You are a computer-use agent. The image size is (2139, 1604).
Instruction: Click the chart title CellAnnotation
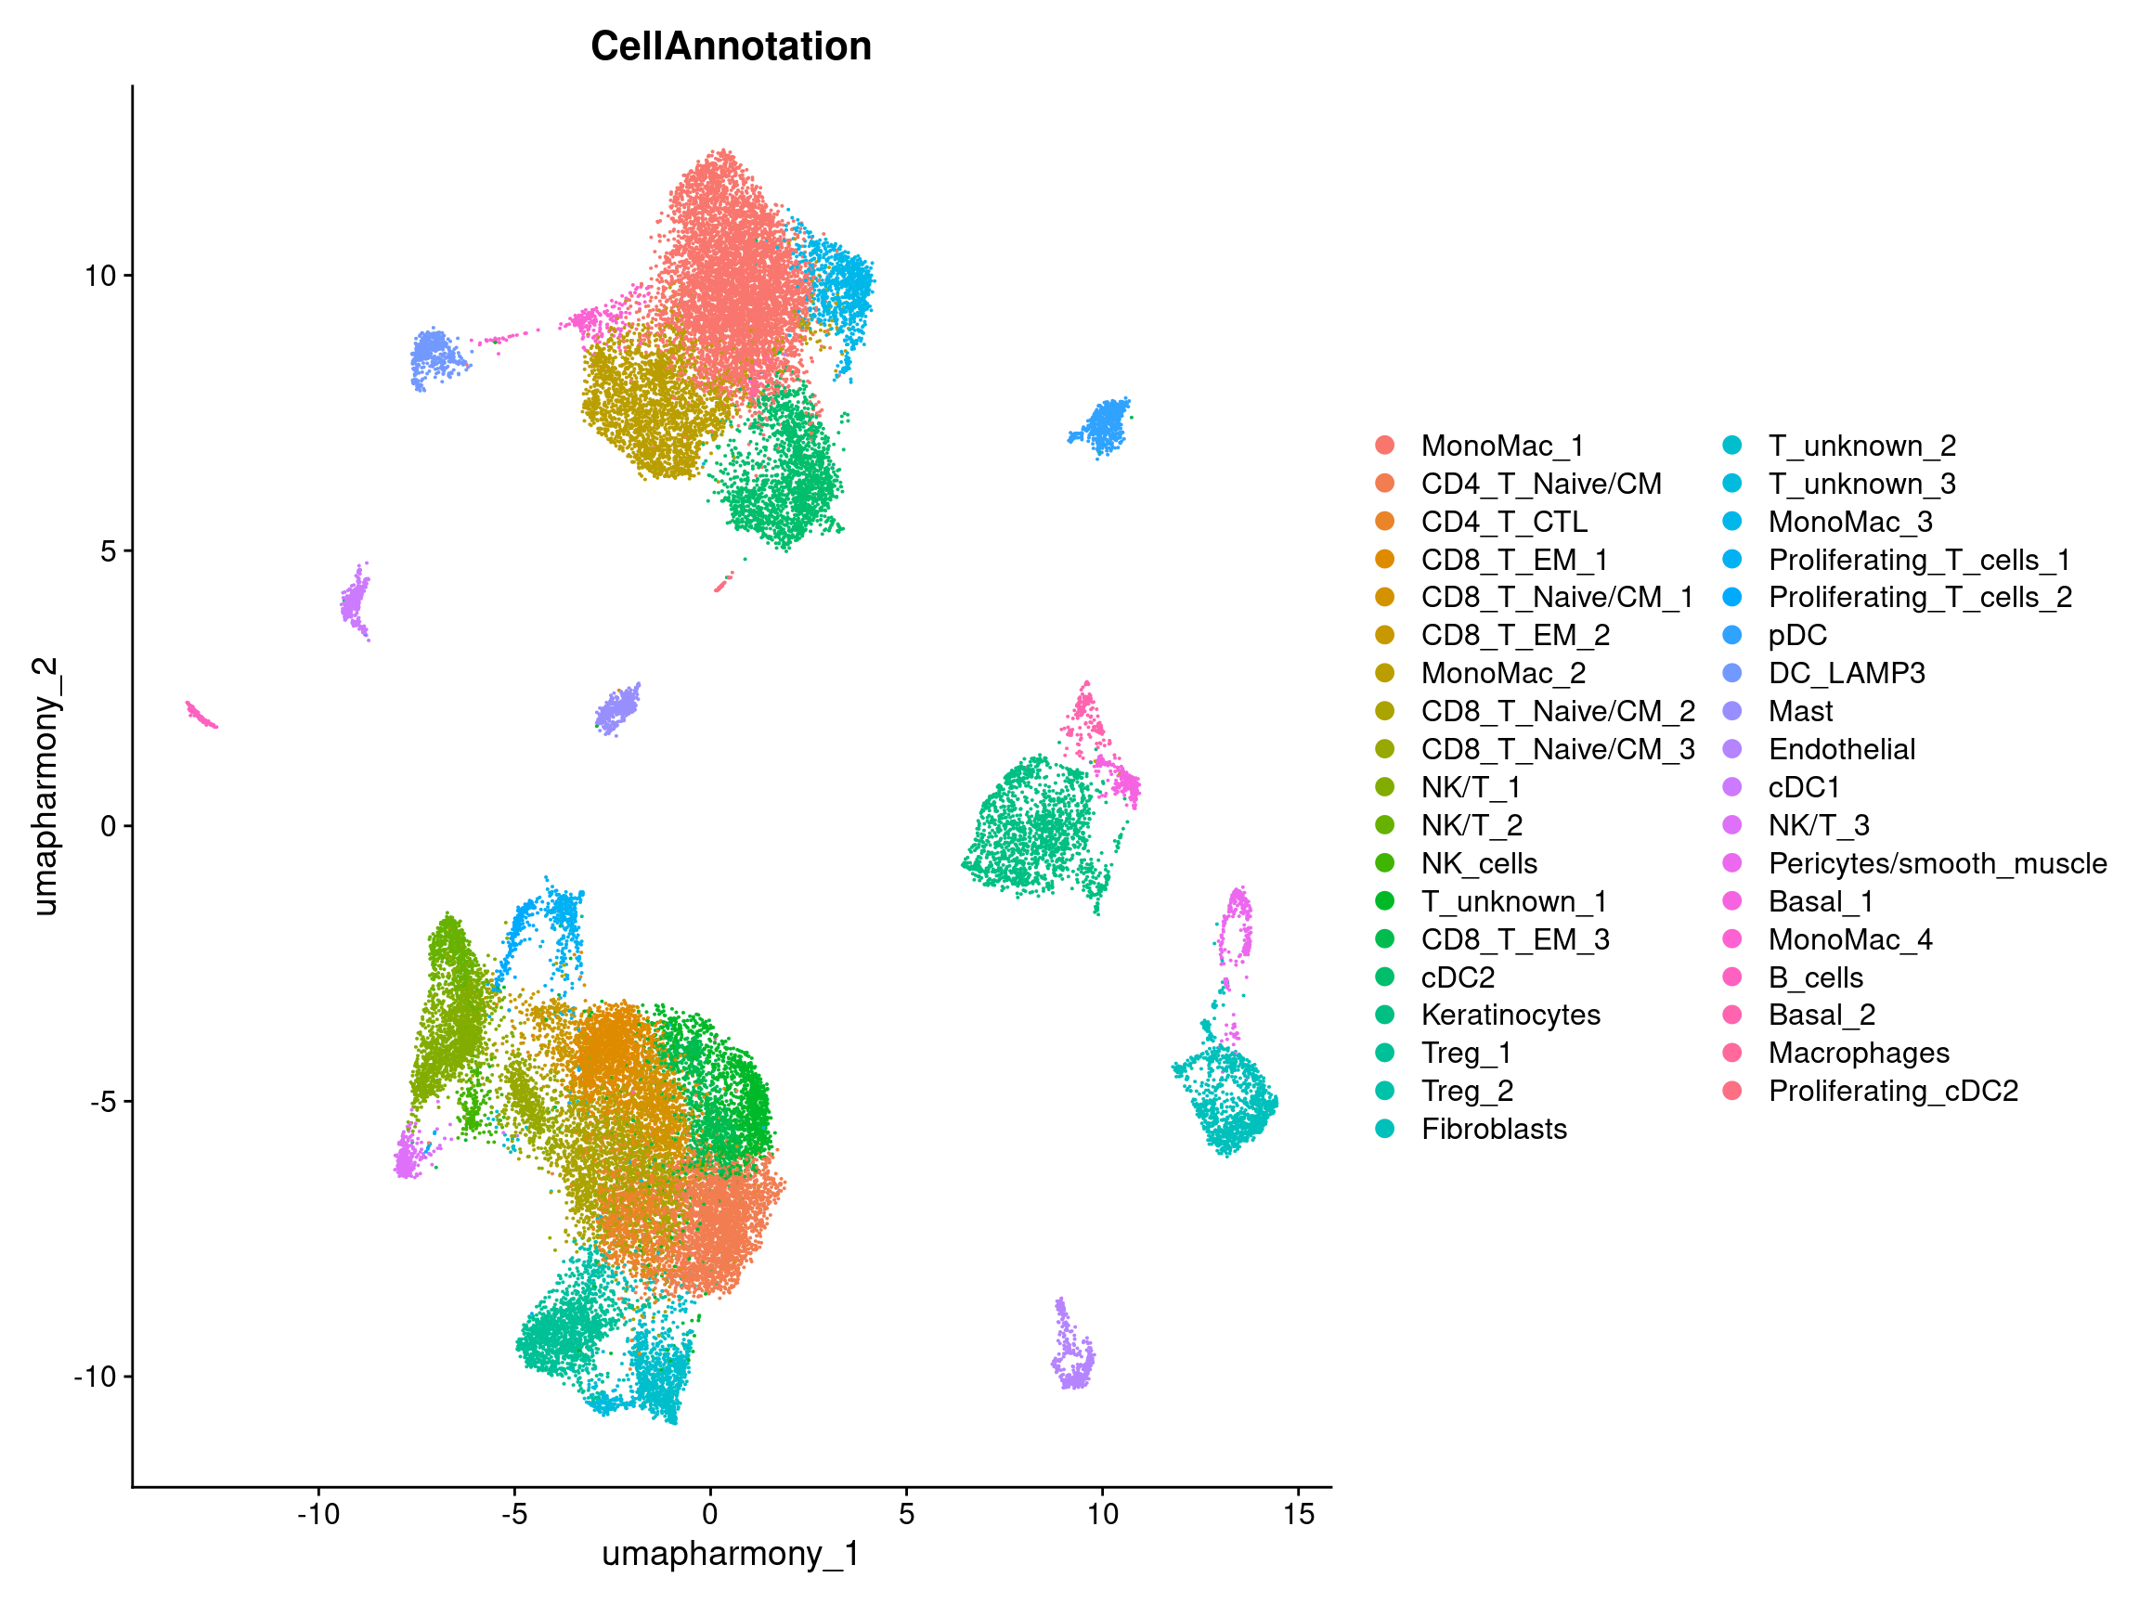point(730,46)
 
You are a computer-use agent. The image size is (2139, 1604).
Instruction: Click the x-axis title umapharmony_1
point(730,1553)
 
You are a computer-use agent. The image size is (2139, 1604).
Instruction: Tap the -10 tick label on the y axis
point(94,1376)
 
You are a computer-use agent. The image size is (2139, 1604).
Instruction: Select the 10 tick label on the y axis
point(99,276)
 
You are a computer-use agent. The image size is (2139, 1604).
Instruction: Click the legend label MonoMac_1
point(1502,446)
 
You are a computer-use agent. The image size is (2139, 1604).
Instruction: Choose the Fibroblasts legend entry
point(1493,1129)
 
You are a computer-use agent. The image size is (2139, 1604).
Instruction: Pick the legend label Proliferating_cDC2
point(1892,1091)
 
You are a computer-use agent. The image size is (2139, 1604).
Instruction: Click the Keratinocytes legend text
point(1510,1015)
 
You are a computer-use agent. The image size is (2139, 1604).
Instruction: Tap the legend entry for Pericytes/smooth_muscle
point(1937,863)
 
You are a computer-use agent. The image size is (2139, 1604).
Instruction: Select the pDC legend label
point(1796,635)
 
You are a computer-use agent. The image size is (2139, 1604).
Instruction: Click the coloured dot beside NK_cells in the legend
point(1385,863)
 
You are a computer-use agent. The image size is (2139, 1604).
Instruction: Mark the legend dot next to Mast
point(1731,712)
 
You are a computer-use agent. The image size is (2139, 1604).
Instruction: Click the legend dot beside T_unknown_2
point(1731,446)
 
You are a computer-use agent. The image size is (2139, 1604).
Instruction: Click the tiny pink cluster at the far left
point(201,716)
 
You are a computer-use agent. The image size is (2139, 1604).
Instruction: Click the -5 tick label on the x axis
point(513,1513)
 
